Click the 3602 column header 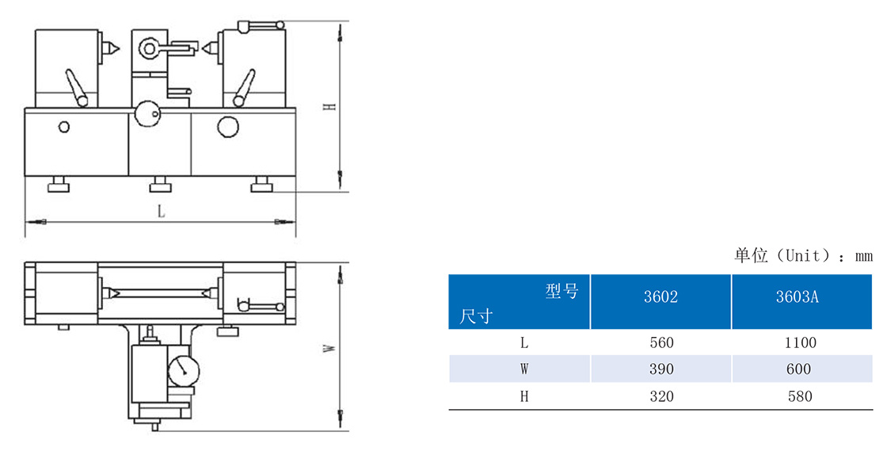coord(660,296)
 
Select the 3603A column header coord(797,296)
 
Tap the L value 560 coord(661,342)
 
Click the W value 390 coord(661,369)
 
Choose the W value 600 coord(799,369)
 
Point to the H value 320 coord(661,396)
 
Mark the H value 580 coord(800,396)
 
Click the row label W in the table coord(524,369)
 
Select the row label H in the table coord(524,396)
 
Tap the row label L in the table coord(524,342)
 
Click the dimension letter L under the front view coord(162,212)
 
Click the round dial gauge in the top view coord(184,369)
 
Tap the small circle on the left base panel coord(64,127)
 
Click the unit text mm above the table coord(863,256)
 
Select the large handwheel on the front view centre coord(148,115)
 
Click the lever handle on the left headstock coord(76,88)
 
